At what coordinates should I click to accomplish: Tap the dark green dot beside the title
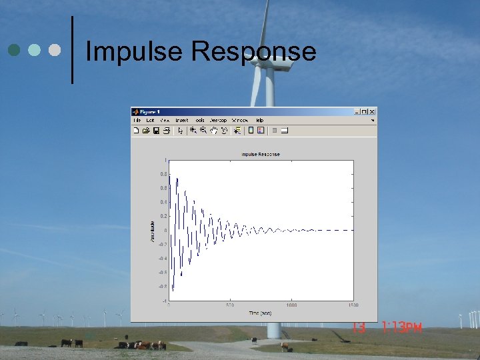point(14,50)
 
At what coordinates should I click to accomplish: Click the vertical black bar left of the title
point(72,50)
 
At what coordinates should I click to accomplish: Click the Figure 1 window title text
point(149,111)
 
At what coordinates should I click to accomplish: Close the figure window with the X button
point(373,111)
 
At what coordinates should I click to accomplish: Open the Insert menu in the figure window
point(182,121)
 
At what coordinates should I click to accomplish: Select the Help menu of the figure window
point(259,121)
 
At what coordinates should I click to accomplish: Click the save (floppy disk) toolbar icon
point(156,131)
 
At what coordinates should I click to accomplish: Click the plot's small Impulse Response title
point(261,154)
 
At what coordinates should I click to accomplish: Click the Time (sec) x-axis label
point(260,313)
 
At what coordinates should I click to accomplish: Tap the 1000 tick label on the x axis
point(291,305)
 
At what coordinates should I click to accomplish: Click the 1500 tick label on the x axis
point(353,305)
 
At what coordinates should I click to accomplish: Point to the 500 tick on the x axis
point(230,305)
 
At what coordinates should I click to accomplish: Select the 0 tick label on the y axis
point(165,231)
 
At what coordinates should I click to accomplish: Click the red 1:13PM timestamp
point(402,327)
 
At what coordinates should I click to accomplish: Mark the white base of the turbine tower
point(273,330)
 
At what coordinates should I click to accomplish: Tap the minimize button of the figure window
point(357,111)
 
